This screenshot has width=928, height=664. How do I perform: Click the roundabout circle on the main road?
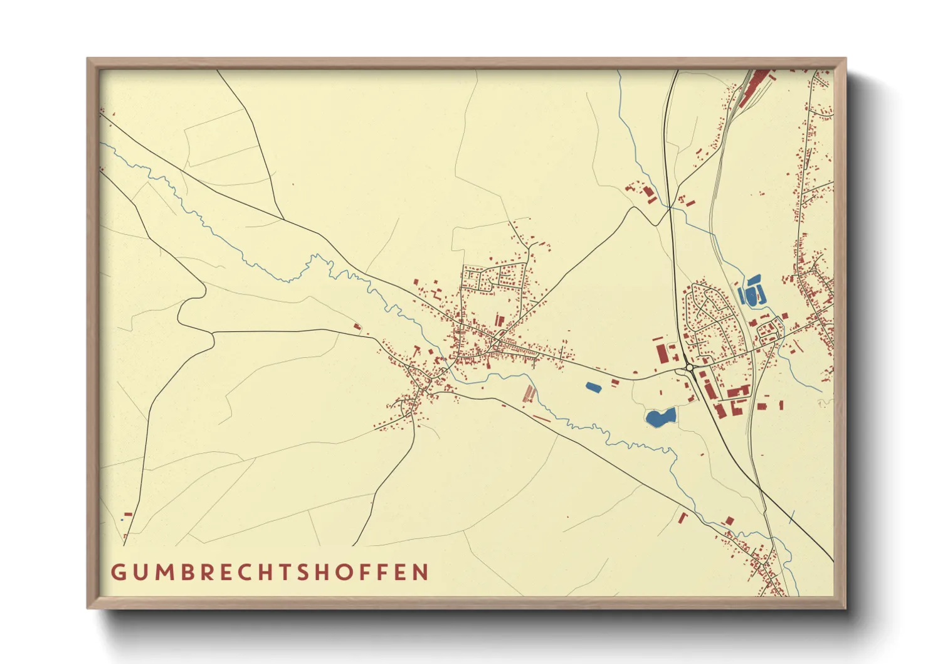click(x=689, y=368)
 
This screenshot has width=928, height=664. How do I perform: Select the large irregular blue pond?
click(x=660, y=417)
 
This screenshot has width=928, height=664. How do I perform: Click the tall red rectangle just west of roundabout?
click(x=662, y=353)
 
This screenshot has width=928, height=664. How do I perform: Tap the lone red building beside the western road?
click(x=357, y=326)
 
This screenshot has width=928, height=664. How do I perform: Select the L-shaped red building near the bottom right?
click(x=683, y=517)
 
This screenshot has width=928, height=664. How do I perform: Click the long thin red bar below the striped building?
click(x=541, y=418)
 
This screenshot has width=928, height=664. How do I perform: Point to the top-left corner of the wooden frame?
click(x=88, y=59)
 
